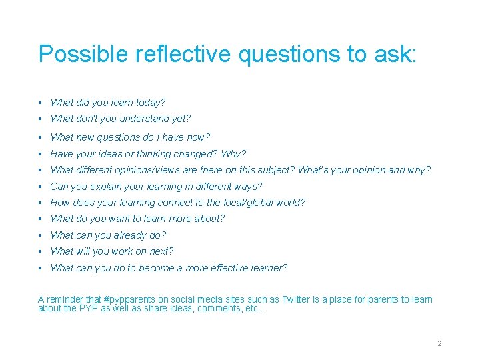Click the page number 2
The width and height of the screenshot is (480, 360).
coord(439,343)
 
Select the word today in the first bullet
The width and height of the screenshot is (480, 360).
coord(150,103)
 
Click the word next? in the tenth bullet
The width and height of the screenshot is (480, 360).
coord(160,251)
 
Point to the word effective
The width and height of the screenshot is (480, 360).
coord(229,268)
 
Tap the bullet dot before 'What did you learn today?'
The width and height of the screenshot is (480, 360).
coord(41,103)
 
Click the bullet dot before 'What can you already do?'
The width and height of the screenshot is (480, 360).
coord(41,235)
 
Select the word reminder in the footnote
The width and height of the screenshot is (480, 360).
coord(66,300)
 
